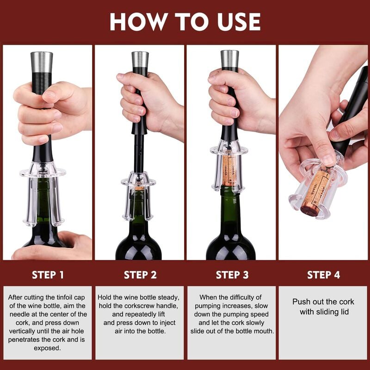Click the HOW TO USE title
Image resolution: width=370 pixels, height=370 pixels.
pyautogui.click(x=185, y=22)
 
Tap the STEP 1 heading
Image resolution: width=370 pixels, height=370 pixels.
pyautogui.click(x=48, y=275)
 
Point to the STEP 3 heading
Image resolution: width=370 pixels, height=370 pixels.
pyautogui.click(x=232, y=275)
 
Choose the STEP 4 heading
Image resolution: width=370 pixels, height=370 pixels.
pyautogui.click(x=323, y=275)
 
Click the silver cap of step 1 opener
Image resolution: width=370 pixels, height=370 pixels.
pyautogui.click(x=42, y=61)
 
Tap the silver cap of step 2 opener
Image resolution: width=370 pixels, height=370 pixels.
pyautogui.click(x=140, y=59)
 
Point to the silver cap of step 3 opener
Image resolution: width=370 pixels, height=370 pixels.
pyautogui.click(x=229, y=58)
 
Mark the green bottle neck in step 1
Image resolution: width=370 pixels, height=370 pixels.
pyautogui.click(x=43, y=199)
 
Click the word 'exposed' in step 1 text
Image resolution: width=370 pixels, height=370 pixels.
pyautogui.click(x=48, y=348)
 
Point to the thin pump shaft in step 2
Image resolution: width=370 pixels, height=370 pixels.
pyautogui.click(x=138, y=155)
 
